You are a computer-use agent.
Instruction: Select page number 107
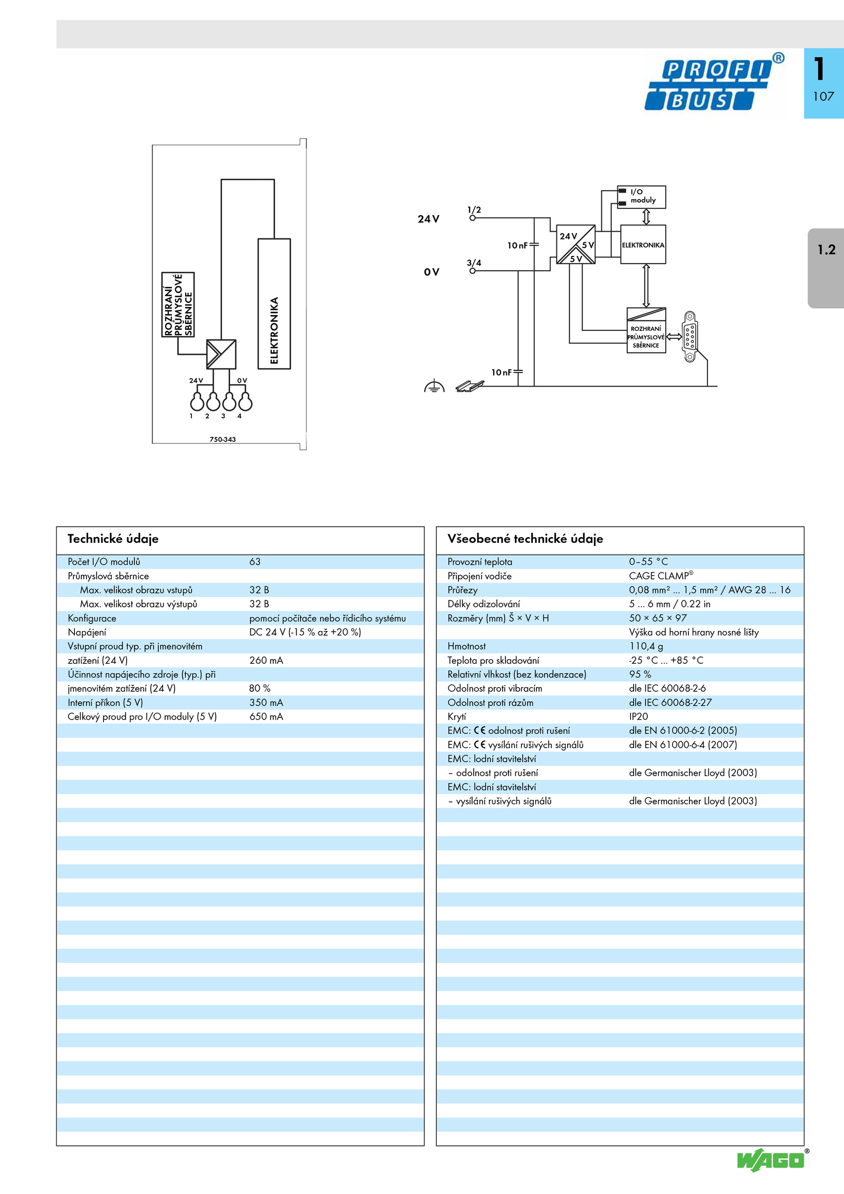click(x=823, y=97)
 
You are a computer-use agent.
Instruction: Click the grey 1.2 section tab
click(x=826, y=268)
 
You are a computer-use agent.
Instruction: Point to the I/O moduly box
click(x=641, y=197)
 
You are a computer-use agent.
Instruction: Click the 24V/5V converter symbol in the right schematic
click(x=576, y=244)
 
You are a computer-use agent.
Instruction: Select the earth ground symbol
click(x=434, y=386)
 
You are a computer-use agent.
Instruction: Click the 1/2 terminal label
click(x=474, y=209)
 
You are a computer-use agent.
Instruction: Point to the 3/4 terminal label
click(x=474, y=263)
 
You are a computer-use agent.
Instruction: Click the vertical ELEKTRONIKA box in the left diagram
click(x=274, y=304)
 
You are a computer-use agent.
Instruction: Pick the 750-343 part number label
click(x=223, y=440)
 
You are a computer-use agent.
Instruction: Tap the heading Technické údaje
click(x=113, y=539)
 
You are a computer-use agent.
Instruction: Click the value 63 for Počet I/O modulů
click(x=255, y=562)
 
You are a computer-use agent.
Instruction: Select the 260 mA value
click(x=266, y=661)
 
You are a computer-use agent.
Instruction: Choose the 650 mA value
click(x=266, y=717)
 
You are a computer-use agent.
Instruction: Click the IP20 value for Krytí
click(x=638, y=717)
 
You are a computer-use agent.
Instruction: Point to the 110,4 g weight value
click(x=646, y=646)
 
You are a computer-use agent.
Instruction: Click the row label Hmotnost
click(x=466, y=646)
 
